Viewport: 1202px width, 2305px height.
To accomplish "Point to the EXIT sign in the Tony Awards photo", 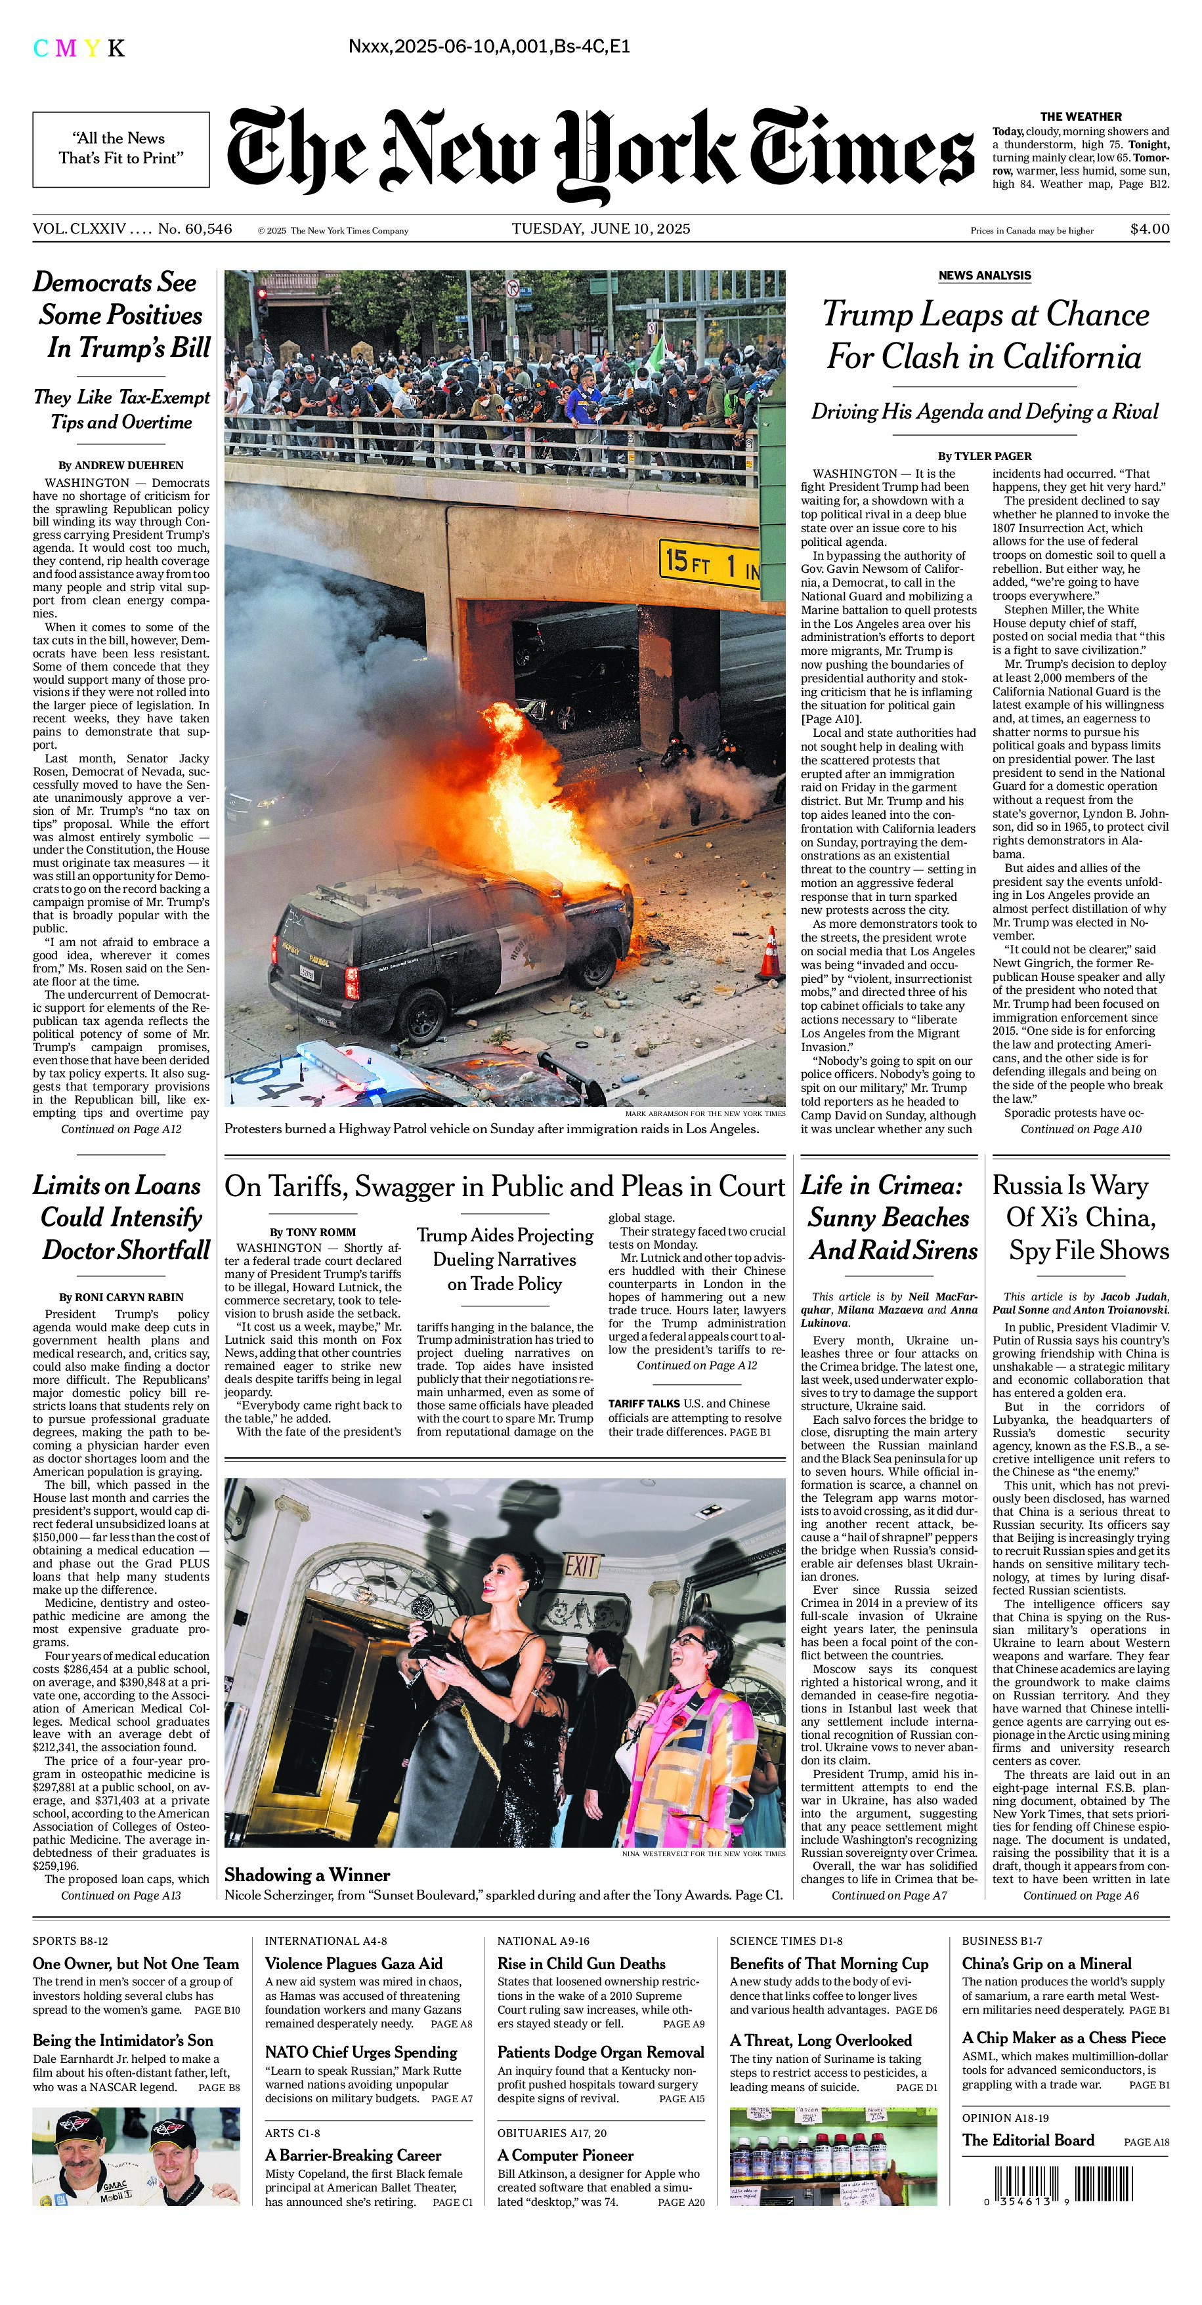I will point(581,1567).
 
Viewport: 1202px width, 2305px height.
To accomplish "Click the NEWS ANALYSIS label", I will point(985,276).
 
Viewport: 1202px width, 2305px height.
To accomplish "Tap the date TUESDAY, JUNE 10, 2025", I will point(601,228).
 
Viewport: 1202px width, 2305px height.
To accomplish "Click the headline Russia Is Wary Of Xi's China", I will point(1081,1217).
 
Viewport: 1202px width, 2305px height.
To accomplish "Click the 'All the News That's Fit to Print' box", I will point(121,148).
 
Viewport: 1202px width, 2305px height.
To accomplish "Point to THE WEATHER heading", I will point(1081,116).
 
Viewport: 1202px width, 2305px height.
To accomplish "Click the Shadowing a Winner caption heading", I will point(307,1875).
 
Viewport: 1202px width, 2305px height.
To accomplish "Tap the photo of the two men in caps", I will point(136,2157).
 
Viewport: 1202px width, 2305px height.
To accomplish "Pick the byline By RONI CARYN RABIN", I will point(121,1297).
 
